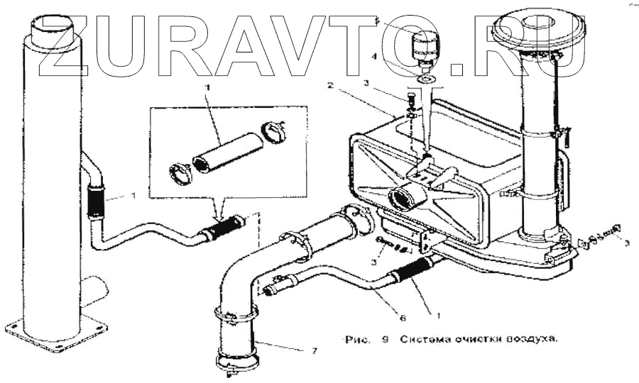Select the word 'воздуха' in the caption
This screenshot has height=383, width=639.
click(533, 338)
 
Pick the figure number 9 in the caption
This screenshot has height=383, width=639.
click(384, 338)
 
